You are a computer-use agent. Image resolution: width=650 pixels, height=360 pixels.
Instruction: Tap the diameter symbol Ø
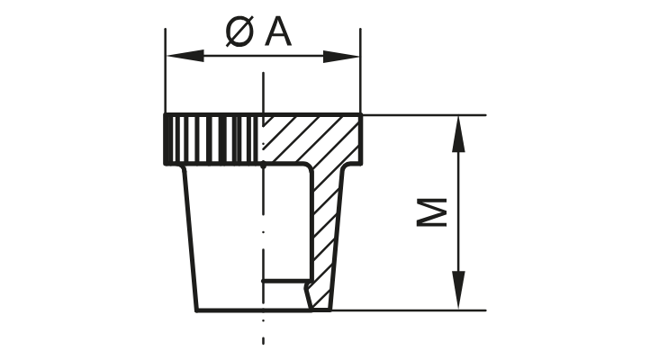239,33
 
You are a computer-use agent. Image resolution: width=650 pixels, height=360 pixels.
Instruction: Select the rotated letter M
435,213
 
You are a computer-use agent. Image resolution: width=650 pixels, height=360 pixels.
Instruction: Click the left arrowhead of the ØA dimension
176,57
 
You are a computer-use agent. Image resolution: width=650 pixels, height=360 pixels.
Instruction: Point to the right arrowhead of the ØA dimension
348,57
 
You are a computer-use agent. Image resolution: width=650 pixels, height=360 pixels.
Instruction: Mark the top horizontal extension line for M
423,115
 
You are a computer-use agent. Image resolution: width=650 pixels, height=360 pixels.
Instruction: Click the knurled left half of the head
212,139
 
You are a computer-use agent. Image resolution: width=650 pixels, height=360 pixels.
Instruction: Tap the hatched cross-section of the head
311,139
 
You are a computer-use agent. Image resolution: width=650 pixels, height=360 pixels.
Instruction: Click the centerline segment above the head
263,90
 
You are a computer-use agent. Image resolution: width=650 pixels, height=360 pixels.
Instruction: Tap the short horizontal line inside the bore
281,282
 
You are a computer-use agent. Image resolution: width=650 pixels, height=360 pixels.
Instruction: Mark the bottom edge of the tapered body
252,310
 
